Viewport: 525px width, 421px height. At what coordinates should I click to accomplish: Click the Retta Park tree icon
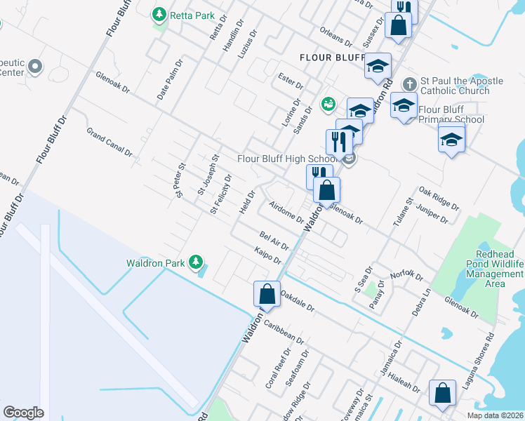pos(160,13)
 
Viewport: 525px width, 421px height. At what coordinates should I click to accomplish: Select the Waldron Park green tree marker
pos(197,263)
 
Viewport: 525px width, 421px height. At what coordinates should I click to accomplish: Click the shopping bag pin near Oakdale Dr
pos(267,293)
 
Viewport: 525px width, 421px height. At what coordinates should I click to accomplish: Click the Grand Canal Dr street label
pos(109,141)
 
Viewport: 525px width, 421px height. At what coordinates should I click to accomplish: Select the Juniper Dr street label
pos(432,214)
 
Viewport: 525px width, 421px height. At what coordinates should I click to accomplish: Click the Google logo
pos(23,413)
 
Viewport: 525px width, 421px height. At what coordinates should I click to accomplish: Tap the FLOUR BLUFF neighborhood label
pos(328,57)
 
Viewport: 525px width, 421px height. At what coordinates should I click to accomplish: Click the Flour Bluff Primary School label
pos(451,114)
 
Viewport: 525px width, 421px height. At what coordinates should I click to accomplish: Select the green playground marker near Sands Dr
pos(327,105)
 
